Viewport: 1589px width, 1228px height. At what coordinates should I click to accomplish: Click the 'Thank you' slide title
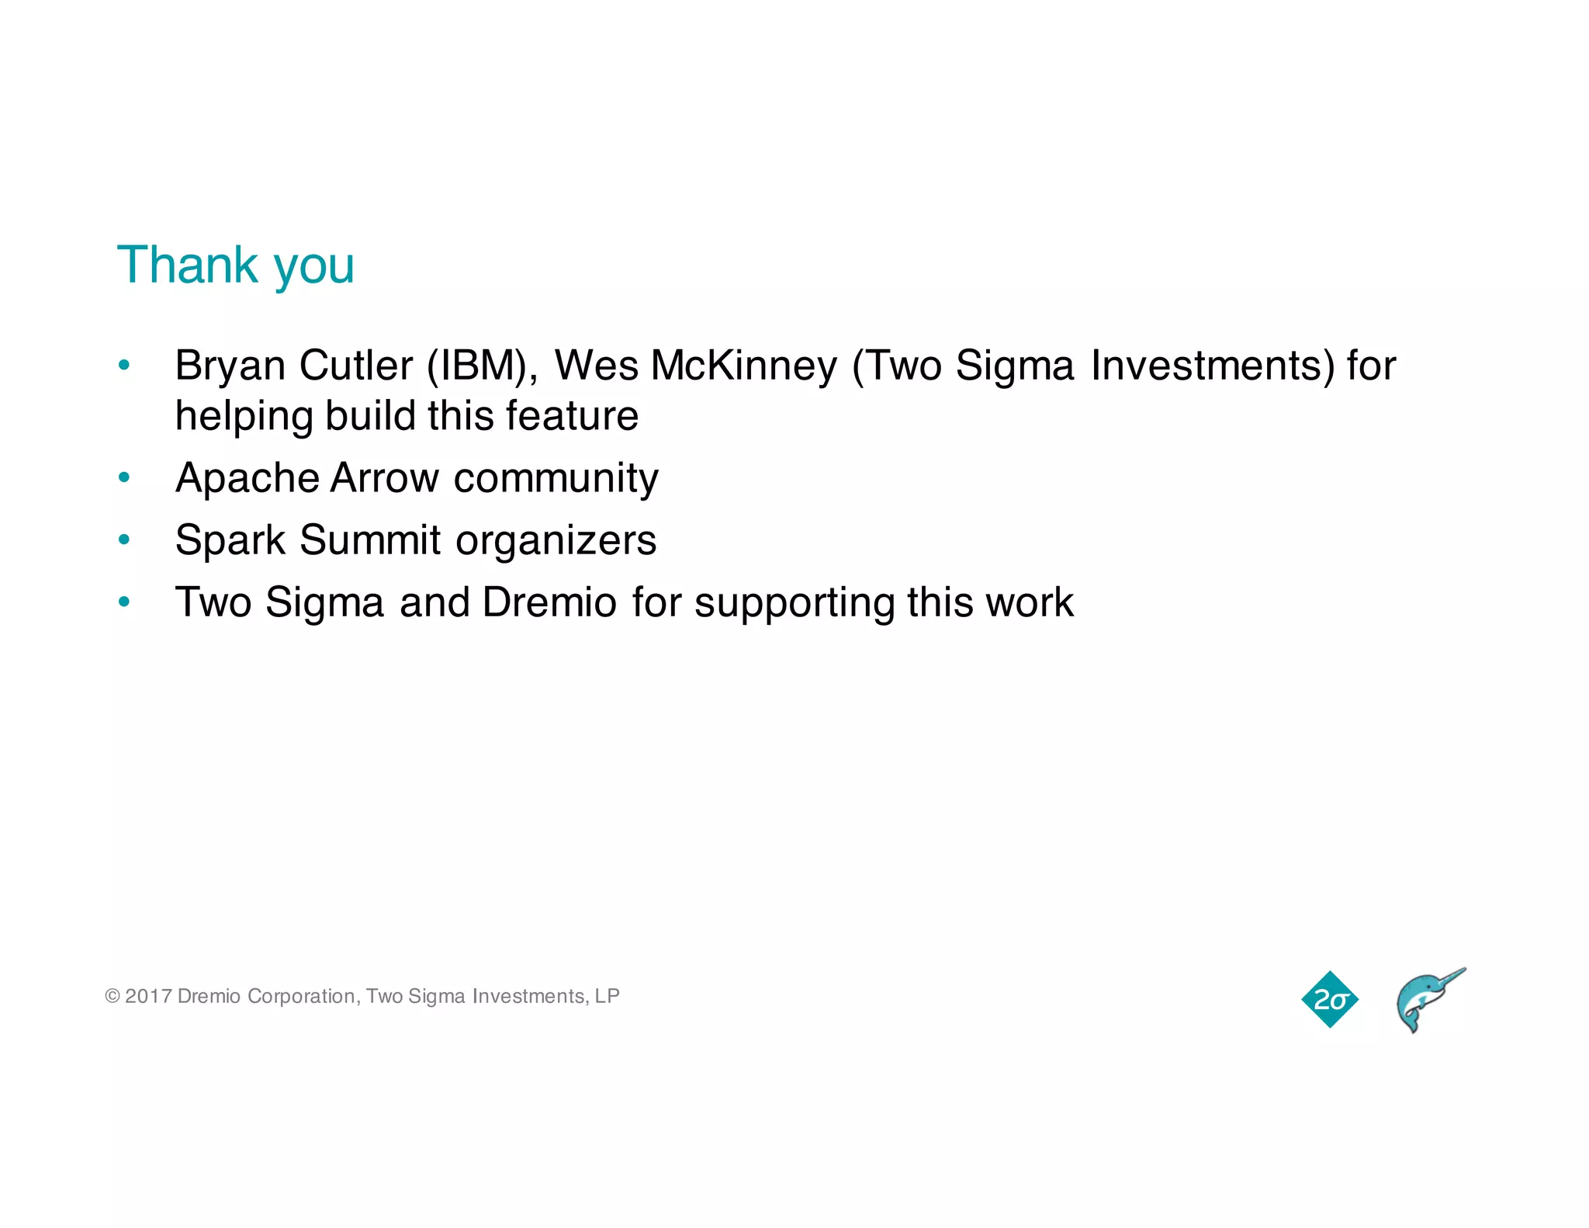click(x=235, y=265)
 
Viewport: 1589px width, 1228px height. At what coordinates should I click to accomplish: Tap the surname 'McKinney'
click(x=744, y=366)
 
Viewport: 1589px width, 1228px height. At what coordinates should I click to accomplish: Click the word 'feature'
click(x=572, y=415)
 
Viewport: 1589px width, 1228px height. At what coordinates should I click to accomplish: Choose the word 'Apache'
click(x=248, y=478)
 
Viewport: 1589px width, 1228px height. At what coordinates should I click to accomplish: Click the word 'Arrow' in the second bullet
click(x=385, y=478)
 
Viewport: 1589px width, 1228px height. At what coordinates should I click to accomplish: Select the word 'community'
click(x=556, y=478)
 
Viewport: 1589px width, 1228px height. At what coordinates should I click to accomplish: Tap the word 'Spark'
click(x=230, y=540)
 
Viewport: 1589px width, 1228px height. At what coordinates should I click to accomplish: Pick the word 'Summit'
click(x=370, y=540)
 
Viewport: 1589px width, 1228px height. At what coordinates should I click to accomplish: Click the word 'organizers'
click(x=556, y=540)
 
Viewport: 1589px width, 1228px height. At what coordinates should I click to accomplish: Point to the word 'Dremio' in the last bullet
click(x=549, y=602)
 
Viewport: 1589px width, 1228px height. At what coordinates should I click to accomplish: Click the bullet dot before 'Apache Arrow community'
click(x=124, y=477)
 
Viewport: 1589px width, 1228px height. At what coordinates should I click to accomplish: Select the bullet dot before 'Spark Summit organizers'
click(x=124, y=539)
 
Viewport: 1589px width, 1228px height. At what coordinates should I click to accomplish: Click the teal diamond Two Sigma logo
click(x=1330, y=1000)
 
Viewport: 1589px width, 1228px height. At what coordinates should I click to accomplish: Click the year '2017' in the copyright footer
click(x=148, y=996)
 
